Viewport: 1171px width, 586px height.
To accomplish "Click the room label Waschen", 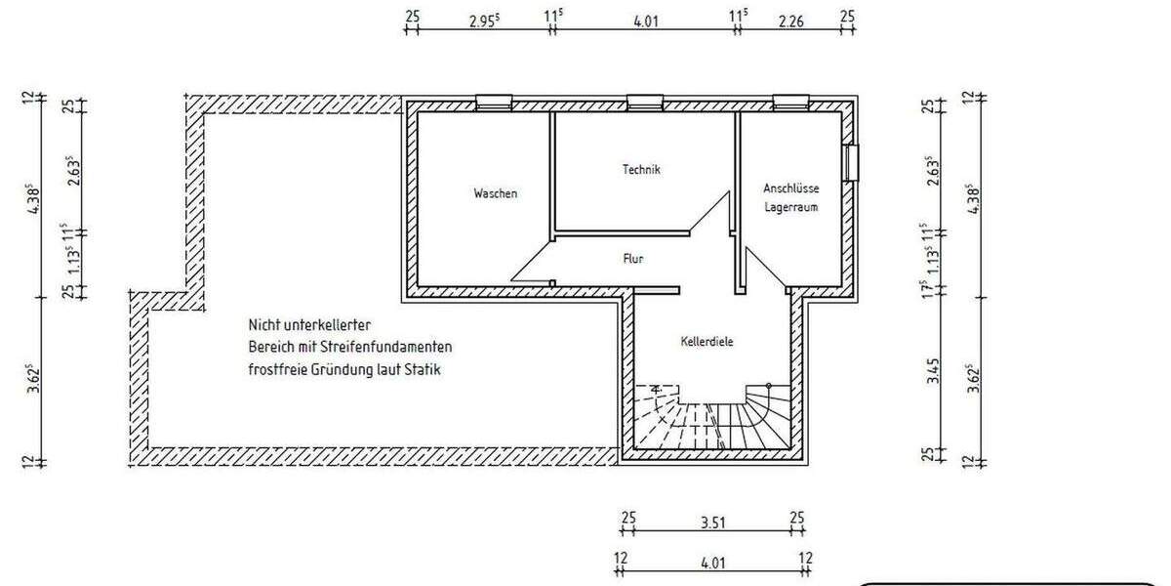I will [x=496, y=193].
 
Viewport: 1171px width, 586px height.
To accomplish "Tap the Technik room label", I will [x=641, y=170].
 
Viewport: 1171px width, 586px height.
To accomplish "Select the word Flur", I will [x=633, y=259].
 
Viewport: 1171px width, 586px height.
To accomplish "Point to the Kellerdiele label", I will [x=707, y=342].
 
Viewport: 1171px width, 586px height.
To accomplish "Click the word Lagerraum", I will [x=791, y=207].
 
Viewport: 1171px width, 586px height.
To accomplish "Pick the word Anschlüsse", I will [x=791, y=188].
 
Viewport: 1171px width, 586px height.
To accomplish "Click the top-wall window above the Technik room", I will [x=644, y=102].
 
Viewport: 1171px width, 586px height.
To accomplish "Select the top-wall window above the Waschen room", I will [x=494, y=102].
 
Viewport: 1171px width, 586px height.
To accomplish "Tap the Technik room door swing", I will [x=712, y=215].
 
